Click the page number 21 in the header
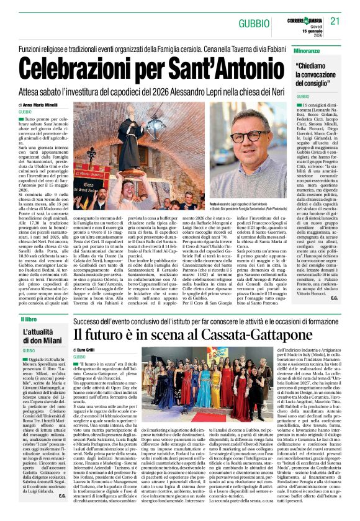click(335, 20)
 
